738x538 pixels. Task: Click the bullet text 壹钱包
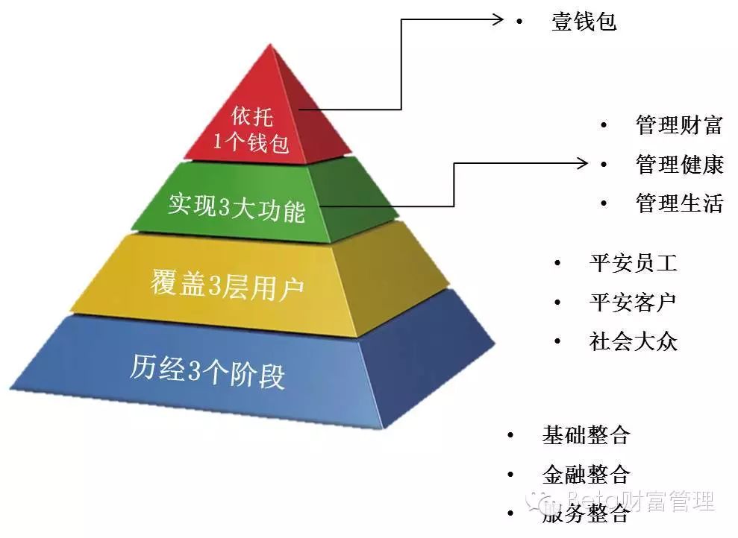click(x=584, y=22)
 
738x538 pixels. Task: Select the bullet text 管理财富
click(x=679, y=124)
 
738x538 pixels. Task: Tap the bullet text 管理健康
click(x=679, y=164)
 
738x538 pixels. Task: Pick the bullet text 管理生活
click(x=679, y=203)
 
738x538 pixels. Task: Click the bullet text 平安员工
click(x=633, y=263)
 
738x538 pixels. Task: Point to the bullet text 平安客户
click(x=633, y=303)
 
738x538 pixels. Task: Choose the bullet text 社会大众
click(x=633, y=342)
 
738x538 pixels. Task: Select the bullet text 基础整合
click(x=586, y=434)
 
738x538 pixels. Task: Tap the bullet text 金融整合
click(x=586, y=474)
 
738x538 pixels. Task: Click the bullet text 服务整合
click(x=586, y=513)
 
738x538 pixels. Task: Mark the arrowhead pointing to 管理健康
click(x=585, y=163)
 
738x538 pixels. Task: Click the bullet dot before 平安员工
click(x=557, y=263)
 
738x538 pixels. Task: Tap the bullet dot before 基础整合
click(x=510, y=434)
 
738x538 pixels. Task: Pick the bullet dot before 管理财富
click(x=604, y=124)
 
